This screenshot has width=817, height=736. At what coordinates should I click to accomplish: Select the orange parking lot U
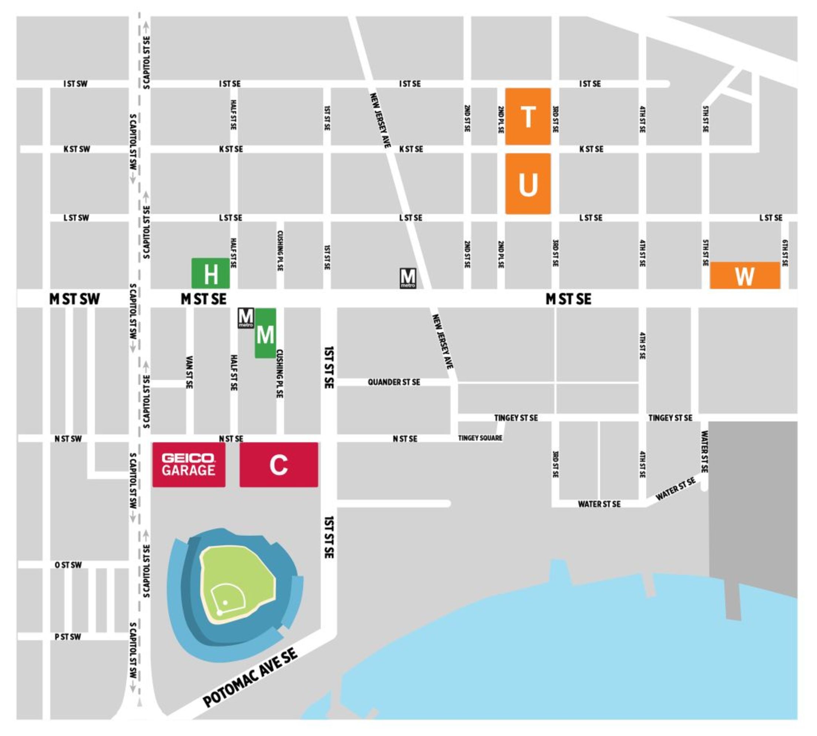point(527,184)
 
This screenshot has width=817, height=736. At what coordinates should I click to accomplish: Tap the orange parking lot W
point(744,275)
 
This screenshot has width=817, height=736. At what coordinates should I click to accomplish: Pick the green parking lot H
point(210,273)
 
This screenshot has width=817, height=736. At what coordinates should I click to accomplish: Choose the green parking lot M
point(265,333)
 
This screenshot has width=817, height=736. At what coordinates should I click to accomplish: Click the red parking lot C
point(279,465)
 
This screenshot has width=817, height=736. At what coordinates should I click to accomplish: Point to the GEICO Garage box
point(188,465)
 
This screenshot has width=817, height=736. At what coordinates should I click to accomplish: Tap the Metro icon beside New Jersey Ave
point(407,278)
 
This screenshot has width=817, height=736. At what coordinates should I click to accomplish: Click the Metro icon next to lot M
point(245,317)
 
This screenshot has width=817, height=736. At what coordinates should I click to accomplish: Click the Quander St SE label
point(393,382)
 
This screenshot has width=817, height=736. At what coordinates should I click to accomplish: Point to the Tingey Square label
point(480,438)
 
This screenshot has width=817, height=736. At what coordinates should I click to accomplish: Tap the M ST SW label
point(74,299)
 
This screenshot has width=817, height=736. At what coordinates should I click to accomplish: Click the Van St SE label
point(189,372)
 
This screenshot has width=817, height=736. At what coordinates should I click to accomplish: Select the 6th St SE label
point(784,253)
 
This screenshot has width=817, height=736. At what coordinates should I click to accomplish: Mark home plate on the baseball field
point(219,613)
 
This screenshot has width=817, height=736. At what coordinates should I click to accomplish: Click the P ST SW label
point(68,637)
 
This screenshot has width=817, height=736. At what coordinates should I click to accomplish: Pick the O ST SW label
point(68,565)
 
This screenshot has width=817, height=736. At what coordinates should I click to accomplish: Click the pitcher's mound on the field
point(225,603)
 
